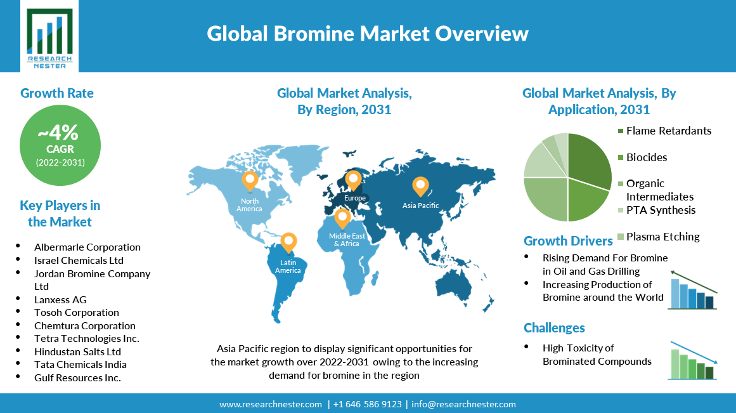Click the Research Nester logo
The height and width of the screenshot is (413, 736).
[x=49, y=37]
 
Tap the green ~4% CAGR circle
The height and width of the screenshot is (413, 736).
[x=60, y=145]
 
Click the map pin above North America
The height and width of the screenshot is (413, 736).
[x=250, y=181]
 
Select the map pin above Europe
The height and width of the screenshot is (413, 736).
[x=353, y=181]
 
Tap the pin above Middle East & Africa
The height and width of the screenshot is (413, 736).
[x=342, y=219]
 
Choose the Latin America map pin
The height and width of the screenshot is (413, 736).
[x=288, y=243]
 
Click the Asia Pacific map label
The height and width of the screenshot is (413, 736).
[x=420, y=206]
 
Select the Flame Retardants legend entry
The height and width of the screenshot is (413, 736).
[x=664, y=131]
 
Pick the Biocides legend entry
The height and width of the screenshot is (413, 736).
[x=643, y=157]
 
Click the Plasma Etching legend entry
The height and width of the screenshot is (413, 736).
[x=659, y=237]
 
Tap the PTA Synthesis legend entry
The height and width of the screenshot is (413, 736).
[x=657, y=210]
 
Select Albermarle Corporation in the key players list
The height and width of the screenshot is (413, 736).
[x=87, y=247]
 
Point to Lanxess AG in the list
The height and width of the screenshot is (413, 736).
[x=61, y=300]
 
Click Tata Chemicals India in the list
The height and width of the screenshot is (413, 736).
[x=81, y=365]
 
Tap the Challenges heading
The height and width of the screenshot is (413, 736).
[x=554, y=327]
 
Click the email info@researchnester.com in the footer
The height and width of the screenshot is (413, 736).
[x=464, y=404]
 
